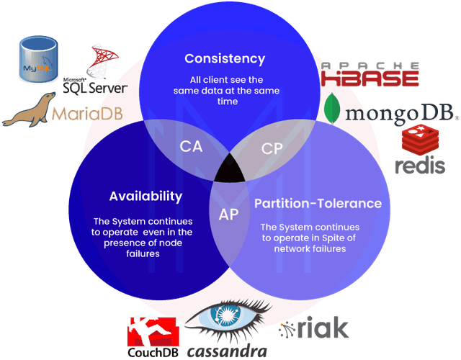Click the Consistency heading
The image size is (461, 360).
(x=225, y=59)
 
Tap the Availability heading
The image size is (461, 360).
(x=146, y=197)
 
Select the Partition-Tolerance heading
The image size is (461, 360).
(x=318, y=204)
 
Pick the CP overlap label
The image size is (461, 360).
(x=272, y=149)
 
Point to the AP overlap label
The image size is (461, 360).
(x=228, y=215)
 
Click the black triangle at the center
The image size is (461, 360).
(x=230, y=168)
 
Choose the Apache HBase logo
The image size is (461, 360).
(x=370, y=73)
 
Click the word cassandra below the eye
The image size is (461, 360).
(x=227, y=351)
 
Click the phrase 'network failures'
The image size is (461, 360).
(x=310, y=249)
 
